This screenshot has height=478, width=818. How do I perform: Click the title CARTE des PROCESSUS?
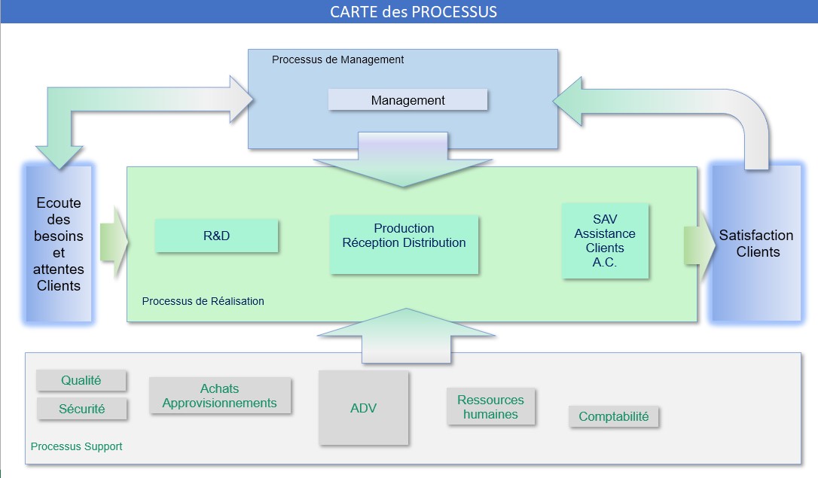414,11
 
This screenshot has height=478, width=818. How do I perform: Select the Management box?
407,99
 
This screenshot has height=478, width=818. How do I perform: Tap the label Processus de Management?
337,59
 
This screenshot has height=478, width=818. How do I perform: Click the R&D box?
216,236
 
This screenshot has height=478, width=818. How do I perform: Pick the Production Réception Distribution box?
404,244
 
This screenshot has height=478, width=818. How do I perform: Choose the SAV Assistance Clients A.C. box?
605,241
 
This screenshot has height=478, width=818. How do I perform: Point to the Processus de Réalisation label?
203,301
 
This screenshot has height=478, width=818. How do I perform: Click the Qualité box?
81,380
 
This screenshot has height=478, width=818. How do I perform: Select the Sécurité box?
81,409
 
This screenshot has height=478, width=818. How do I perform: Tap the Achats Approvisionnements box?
220,396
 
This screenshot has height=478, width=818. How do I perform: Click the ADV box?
363,408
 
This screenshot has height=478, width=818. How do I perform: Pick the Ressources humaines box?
490,406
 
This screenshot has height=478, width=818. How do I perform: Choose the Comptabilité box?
613,416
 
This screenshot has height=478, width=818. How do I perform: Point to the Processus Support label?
76,446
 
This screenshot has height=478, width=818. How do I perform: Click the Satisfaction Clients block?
756,243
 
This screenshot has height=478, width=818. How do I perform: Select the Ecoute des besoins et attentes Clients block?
59,243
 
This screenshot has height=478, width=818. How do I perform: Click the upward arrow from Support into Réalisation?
406,336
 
